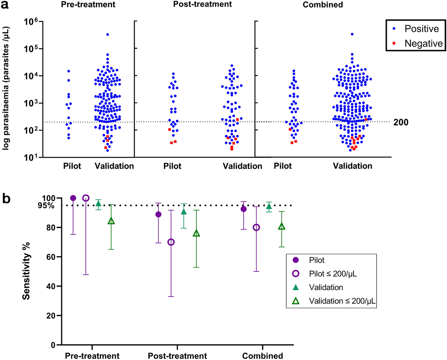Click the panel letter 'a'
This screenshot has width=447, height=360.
coord(5,5)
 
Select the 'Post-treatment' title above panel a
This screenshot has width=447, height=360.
coord(202,4)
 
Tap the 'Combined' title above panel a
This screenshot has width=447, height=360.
coord(323,5)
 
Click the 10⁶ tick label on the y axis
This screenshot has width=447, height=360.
coord(31,22)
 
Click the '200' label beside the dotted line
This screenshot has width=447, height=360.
coord(401,122)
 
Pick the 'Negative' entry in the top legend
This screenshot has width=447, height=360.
coord(423,43)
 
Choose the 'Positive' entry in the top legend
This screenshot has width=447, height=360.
coord(421,29)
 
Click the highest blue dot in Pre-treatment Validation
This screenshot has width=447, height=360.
coord(108,34)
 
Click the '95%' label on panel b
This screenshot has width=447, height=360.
coord(46,206)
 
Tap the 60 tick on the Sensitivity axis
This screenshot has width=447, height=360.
coord(51,257)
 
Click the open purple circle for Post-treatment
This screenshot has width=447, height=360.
coord(171,242)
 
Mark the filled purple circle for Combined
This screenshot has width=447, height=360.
coord(243,209)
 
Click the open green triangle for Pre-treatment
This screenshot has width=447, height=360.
coord(111,221)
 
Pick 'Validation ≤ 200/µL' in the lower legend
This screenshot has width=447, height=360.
coord(342,301)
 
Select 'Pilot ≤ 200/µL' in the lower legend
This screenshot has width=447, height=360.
coord(333,274)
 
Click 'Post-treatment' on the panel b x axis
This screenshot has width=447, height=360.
coord(177,356)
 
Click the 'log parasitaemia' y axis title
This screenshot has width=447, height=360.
coord(6,88)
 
